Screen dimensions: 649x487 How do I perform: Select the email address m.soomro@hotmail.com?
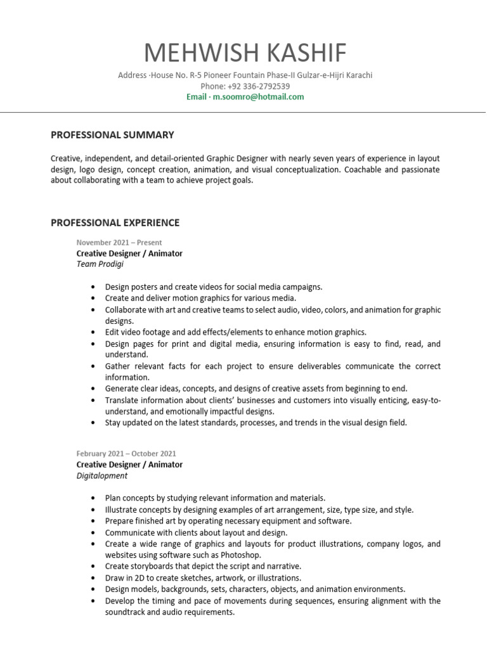(x=258, y=97)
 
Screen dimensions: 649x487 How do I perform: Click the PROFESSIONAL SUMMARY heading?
(x=112, y=135)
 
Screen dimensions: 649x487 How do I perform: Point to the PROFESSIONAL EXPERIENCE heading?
(x=115, y=222)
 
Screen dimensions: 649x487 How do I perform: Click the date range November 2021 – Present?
(x=119, y=242)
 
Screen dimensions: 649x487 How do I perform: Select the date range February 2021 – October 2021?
(x=126, y=454)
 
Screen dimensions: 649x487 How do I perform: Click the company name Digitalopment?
(x=102, y=475)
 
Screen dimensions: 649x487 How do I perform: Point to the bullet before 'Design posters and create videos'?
(x=94, y=287)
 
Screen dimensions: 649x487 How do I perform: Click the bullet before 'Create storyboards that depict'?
(x=94, y=567)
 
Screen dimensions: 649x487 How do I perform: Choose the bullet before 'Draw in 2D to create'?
(x=94, y=578)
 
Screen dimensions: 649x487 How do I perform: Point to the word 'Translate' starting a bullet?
(x=123, y=401)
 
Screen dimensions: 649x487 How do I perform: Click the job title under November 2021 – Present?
(x=129, y=254)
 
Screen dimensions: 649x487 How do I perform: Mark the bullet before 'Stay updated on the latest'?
(x=94, y=423)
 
